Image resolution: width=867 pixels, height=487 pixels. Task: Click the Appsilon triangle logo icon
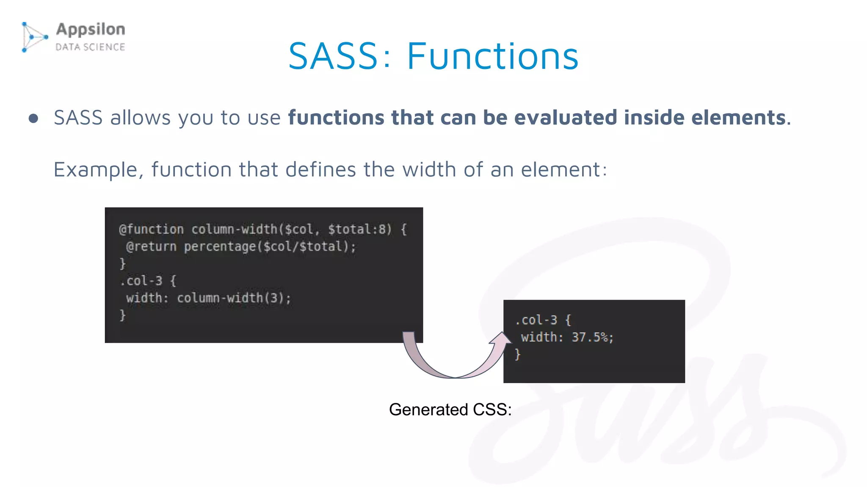click(x=34, y=37)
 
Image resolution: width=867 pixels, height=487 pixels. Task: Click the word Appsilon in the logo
click(x=91, y=29)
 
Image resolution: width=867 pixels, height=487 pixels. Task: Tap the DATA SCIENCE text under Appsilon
click(x=90, y=47)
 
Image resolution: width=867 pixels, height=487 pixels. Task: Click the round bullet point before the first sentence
click(x=33, y=118)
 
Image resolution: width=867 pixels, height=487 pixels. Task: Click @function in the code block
click(x=151, y=230)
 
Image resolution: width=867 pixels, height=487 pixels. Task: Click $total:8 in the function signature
click(x=359, y=230)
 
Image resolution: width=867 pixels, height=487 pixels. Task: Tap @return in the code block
click(x=151, y=246)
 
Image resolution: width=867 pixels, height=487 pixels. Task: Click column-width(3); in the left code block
click(x=234, y=298)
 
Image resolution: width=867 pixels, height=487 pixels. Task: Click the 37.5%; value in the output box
click(x=592, y=337)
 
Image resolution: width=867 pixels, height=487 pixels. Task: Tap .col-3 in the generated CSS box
click(x=536, y=320)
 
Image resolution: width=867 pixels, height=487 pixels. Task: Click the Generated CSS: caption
click(x=450, y=410)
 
